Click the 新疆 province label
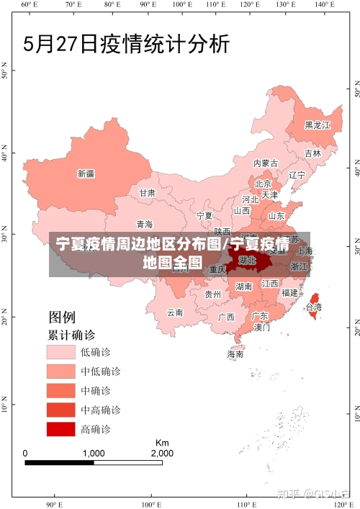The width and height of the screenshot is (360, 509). tap(86, 174)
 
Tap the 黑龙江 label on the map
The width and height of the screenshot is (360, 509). tap(317, 125)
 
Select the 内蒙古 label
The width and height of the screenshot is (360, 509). tap(266, 163)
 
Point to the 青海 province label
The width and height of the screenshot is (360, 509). tap(145, 225)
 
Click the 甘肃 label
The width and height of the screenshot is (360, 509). tap(147, 193)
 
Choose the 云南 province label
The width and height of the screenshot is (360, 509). tap(175, 312)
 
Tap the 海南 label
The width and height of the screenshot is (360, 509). tap(235, 354)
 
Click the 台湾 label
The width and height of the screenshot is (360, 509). tap(314, 307)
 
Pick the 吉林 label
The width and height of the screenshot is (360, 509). tap(312, 153)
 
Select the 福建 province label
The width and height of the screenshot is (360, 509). tap(289, 293)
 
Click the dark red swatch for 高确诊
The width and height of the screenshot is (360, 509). tap(61, 429)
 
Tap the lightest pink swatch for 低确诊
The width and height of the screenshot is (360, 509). tap(61, 352)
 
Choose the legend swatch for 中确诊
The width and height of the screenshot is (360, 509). tap(61, 391)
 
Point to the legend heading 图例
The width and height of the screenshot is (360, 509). tap(62, 317)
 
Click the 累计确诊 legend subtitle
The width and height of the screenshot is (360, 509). tap(71, 335)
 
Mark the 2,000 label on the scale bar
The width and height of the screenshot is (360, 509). tap(161, 454)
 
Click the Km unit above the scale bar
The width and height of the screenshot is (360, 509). tap(161, 442)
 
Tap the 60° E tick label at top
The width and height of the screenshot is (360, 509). tap(28, 5)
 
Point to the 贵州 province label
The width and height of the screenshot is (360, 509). tap(213, 294)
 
